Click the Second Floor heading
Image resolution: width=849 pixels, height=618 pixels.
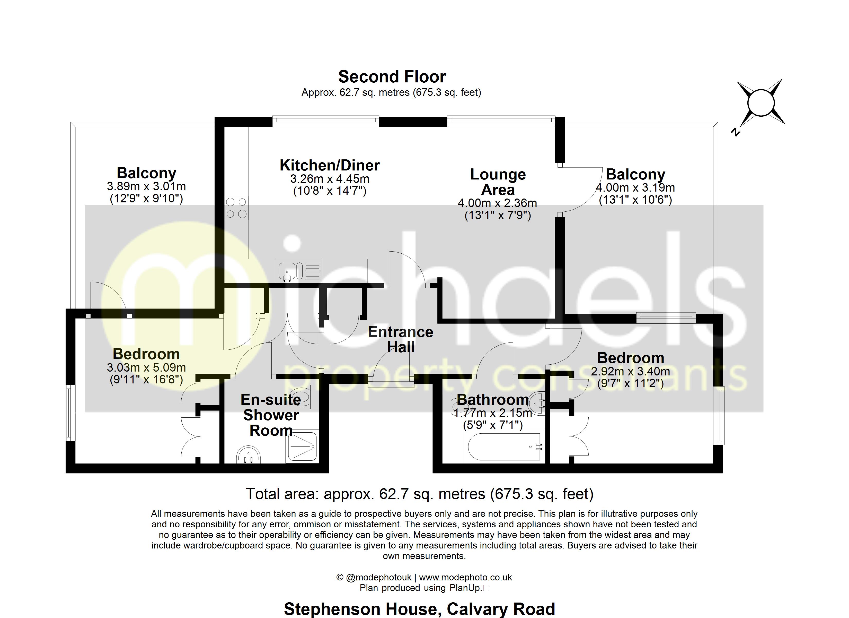pyautogui.click(x=392, y=77)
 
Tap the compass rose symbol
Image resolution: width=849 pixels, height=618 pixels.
pyautogui.click(x=761, y=103)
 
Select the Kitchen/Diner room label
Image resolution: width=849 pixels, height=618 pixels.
pyautogui.click(x=329, y=165)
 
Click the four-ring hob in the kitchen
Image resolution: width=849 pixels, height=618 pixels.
pyautogui.click(x=236, y=208)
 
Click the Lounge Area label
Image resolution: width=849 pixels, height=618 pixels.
pyautogui.click(x=498, y=182)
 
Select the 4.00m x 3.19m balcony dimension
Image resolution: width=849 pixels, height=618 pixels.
pyautogui.click(x=635, y=187)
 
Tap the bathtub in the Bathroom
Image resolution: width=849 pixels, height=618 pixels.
pyautogui.click(x=503, y=447)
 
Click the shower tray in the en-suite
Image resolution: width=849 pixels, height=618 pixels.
pyautogui.click(x=302, y=446)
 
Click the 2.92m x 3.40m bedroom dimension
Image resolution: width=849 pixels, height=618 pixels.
pyautogui.click(x=630, y=371)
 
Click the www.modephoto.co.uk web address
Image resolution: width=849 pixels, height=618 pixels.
pyautogui.click(x=465, y=578)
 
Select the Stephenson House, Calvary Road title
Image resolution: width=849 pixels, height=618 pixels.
pyautogui.click(x=419, y=609)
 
